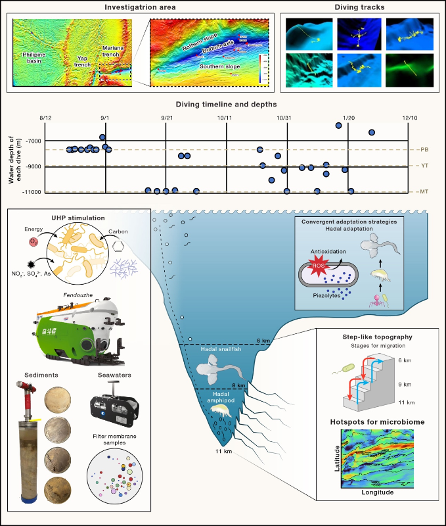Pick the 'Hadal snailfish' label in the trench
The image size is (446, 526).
click(x=218, y=350)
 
